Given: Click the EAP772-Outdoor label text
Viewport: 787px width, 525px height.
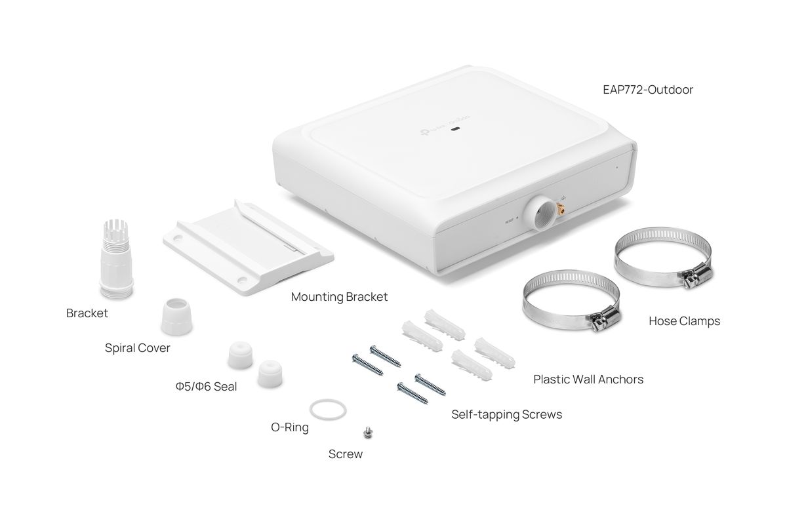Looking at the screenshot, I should click(x=648, y=89).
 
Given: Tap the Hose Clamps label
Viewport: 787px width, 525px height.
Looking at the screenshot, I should click(x=684, y=321).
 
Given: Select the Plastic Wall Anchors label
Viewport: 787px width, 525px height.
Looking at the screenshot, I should click(x=588, y=379).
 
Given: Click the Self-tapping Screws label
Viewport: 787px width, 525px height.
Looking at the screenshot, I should click(x=506, y=414).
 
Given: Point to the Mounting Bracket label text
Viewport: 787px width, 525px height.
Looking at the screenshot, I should click(x=339, y=297).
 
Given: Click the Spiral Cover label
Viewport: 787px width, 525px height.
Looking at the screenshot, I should click(x=138, y=348).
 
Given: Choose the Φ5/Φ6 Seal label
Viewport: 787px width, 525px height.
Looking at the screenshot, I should click(x=206, y=387).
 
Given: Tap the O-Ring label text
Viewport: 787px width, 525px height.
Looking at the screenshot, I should click(x=290, y=428).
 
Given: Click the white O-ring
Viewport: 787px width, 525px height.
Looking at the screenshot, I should click(x=327, y=410).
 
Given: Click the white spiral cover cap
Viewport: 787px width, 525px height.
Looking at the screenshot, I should click(x=174, y=317).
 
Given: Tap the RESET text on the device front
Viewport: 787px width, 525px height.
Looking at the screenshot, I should click(x=510, y=221).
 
